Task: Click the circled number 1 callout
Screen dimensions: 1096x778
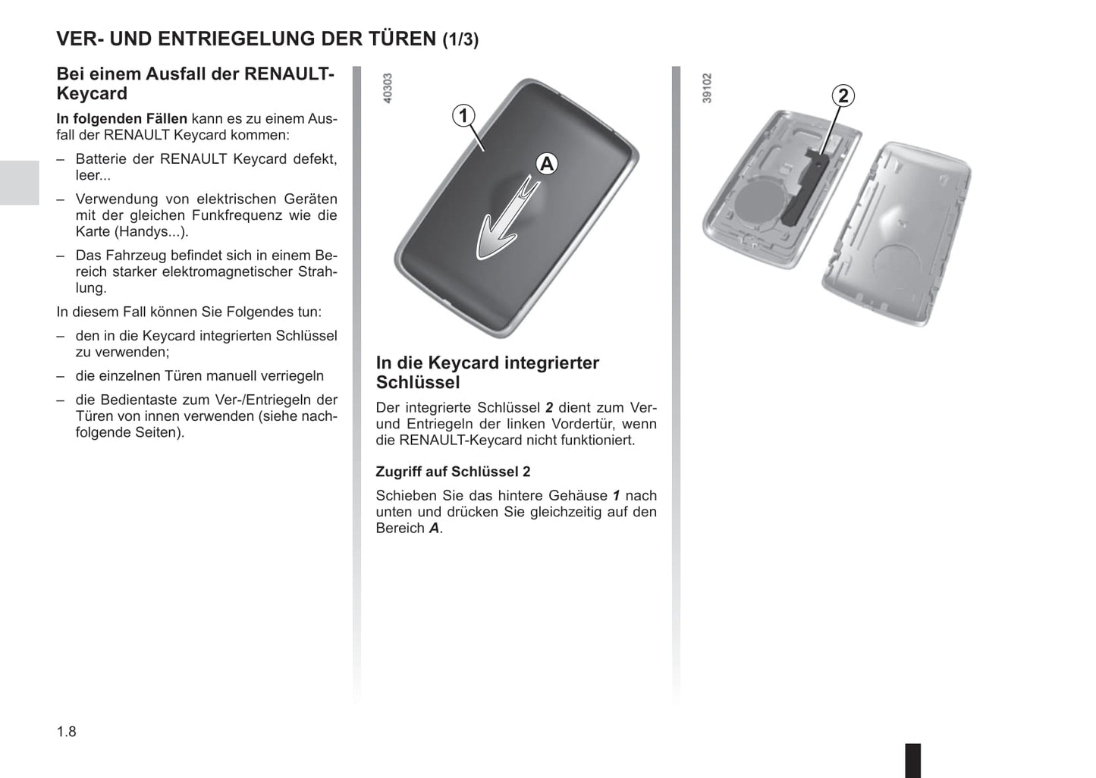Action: tap(463, 116)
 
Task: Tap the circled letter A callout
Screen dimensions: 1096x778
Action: tap(547, 164)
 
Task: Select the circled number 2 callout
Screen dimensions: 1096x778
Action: tap(843, 96)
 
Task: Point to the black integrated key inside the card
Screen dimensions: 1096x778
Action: tap(802, 188)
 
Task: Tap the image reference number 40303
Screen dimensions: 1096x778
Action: tap(388, 89)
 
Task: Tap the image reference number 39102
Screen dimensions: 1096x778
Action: tap(707, 89)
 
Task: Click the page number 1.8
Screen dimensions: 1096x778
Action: tap(67, 732)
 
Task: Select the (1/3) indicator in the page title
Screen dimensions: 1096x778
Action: tap(460, 39)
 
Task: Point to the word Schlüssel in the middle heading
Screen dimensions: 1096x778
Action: tap(418, 383)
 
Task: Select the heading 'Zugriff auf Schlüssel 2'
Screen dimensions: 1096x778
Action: tap(453, 472)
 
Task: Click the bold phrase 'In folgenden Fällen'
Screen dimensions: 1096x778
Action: tap(122, 119)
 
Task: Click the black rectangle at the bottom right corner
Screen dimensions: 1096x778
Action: tap(913, 761)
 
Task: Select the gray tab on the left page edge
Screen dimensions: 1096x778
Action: tap(20, 183)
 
